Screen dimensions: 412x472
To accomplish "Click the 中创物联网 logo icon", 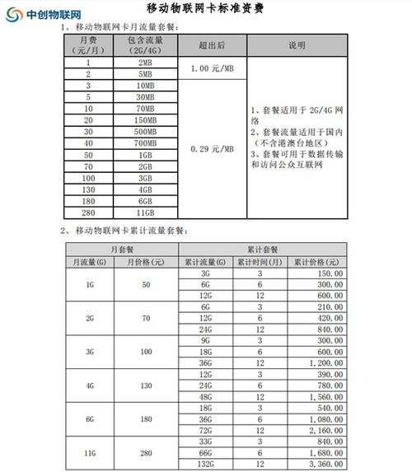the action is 14,14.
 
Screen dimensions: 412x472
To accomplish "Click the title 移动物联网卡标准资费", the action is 206,10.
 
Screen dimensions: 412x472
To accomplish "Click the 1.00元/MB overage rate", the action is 213,69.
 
